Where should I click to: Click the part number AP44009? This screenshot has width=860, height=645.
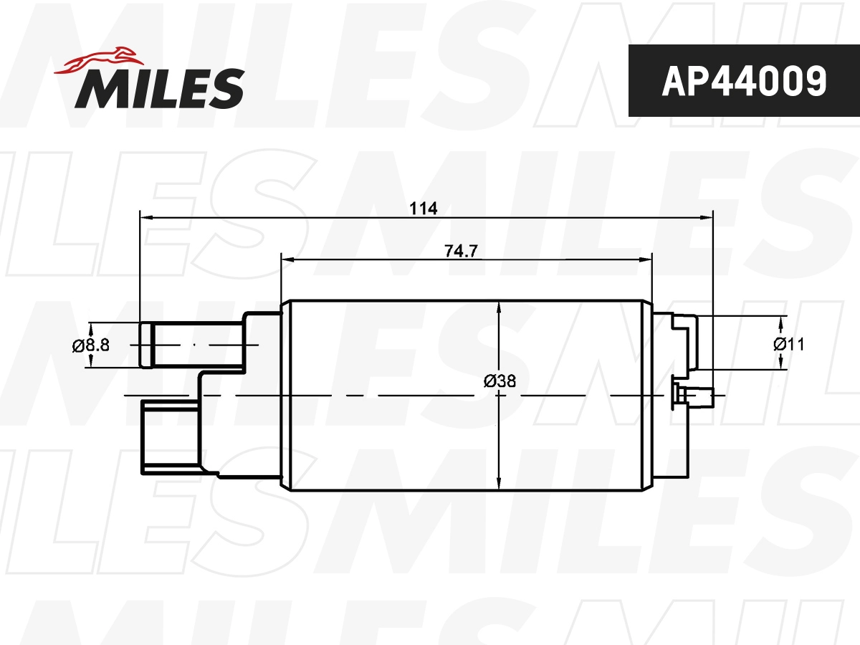coord(743,81)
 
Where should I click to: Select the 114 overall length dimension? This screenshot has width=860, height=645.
coord(423,209)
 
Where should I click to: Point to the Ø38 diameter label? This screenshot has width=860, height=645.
coord(500,381)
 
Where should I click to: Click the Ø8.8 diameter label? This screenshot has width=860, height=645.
coord(90,345)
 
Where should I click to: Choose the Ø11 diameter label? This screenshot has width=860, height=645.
coord(788,344)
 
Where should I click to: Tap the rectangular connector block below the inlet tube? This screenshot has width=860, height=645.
coord(170,437)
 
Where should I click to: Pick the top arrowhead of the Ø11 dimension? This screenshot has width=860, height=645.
coord(780,320)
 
